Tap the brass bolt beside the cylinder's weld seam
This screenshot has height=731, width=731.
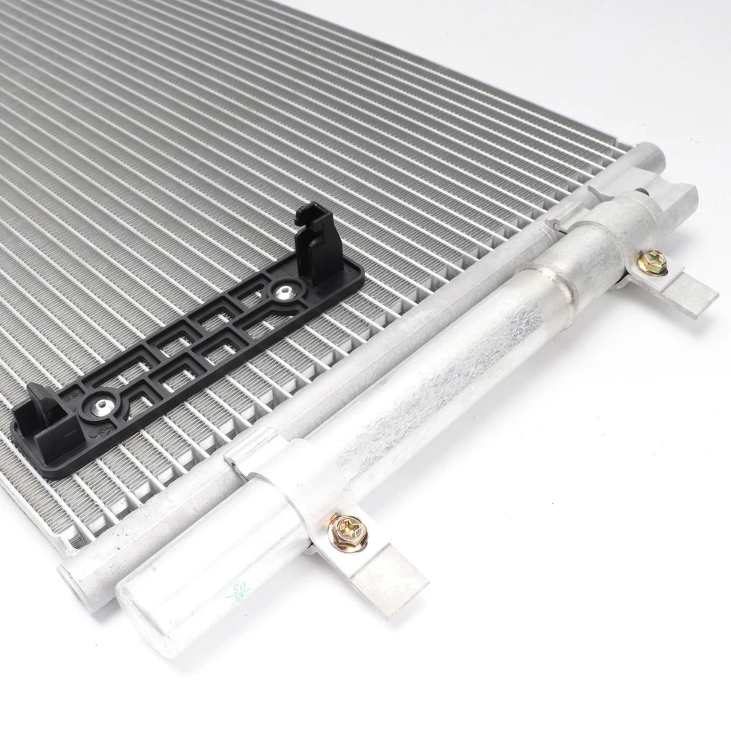653,262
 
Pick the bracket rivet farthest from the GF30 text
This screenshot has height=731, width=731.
286,290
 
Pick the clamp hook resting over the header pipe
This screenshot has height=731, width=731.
247,449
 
